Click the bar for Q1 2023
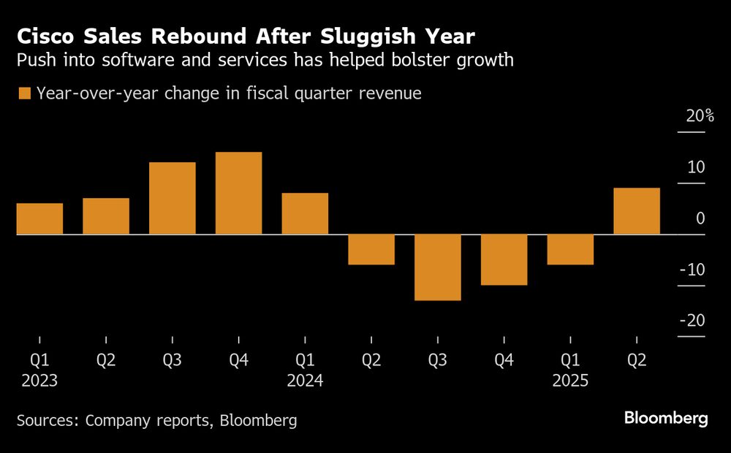[39, 219]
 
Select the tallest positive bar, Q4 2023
[238, 194]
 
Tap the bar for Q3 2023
[173, 199]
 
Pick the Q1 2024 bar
[305, 214]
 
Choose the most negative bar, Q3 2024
[438, 267]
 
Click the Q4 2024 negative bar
[504, 259]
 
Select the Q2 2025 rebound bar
[637, 211]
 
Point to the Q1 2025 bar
[570, 249]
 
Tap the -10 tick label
[692, 270]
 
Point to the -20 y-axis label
[692, 321]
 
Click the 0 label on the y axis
[700, 218]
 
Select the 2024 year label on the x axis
[305, 381]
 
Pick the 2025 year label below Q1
[570, 381]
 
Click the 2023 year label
[39, 381]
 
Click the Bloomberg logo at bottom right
[666, 419]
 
